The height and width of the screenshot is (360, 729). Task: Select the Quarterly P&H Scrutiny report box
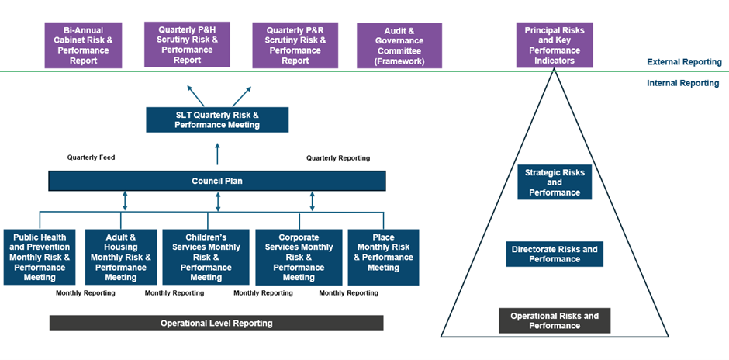click(x=187, y=44)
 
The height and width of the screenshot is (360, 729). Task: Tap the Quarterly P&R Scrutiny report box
click(x=295, y=45)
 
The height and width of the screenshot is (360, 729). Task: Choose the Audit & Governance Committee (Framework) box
click(x=399, y=46)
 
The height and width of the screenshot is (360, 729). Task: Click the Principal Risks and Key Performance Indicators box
click(x=555, y=45)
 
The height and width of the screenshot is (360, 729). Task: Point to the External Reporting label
click(x=683, y=62)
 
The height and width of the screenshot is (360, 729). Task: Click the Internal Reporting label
click(x=682, y=83)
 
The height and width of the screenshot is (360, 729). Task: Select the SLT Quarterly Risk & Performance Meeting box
click(x=217, y=119)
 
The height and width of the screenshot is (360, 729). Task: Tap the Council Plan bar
click(x=217, y=181)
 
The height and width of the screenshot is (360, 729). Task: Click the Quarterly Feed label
click(x=91, y=157)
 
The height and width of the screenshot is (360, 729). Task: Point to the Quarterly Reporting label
click(x=338, y=157)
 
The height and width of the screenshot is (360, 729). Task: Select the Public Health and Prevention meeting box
click(x=39, y=257)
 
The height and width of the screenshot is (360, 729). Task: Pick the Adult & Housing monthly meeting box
click(x=121, y=257)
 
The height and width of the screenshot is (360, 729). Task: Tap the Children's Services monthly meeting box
click(x=206, y=257)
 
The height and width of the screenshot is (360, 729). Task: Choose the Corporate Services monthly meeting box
click(x=299, y=257)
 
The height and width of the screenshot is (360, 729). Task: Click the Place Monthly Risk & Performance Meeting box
click(x=383, y=252)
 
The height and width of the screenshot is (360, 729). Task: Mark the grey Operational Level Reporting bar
click(x=216, y=323)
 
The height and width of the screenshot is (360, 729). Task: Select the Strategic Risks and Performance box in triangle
click(x=555, y=182)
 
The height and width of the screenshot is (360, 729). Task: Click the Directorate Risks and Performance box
click(x=555, y=254)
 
